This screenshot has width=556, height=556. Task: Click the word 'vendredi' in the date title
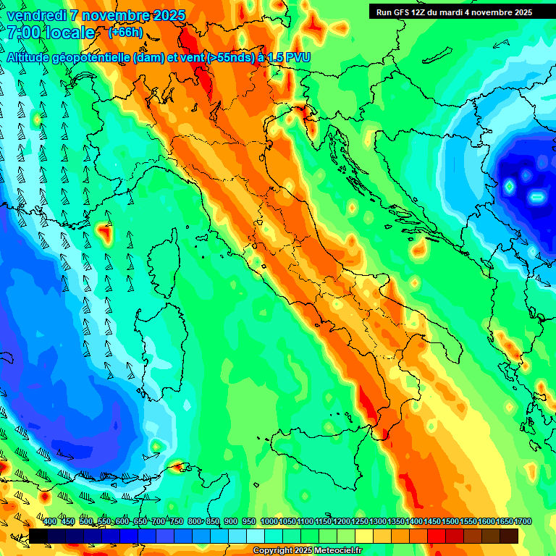click(38, 15)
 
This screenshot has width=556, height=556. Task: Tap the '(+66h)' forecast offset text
click(125, 33)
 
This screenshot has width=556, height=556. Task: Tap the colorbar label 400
click(50, 521)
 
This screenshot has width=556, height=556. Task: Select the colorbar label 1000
click(269, 521)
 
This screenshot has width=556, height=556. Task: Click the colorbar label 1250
click(359, 521)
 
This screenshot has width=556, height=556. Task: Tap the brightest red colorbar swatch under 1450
click(437, 536)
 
